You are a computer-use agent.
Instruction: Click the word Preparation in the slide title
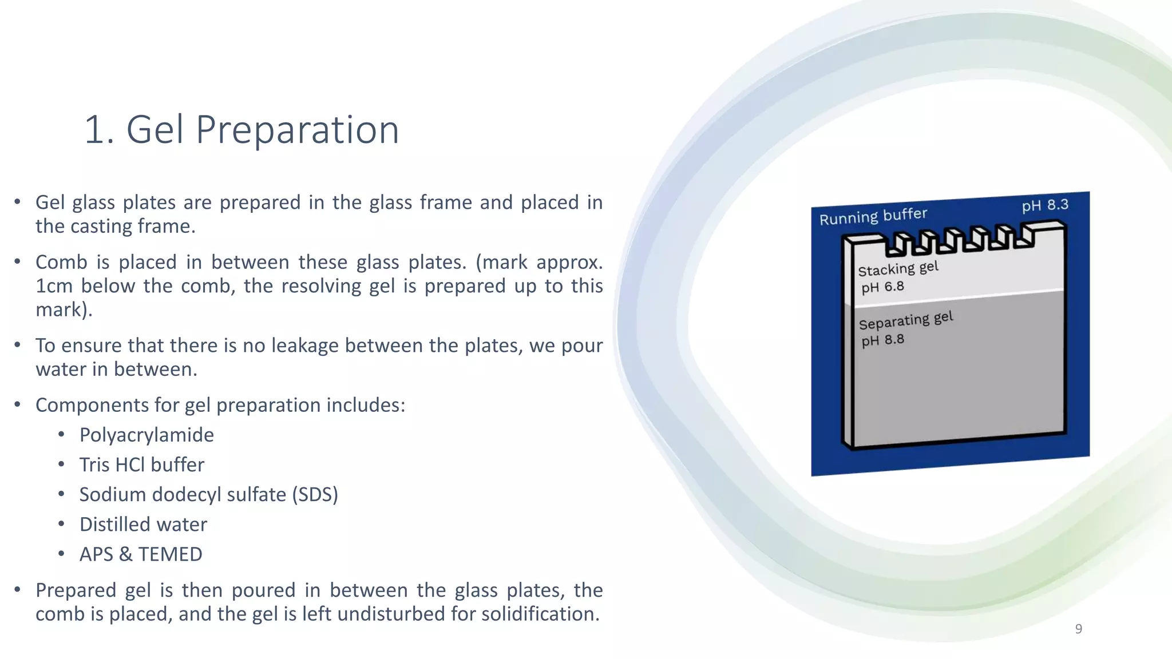click(297, 130)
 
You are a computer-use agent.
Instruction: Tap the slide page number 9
click(1078, 629)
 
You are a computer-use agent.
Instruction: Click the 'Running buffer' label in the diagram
click(873, 216)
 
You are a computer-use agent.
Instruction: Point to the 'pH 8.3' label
click(1045, 205)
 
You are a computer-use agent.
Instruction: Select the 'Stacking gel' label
click(898, 268)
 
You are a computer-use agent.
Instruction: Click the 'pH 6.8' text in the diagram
click(882, 287)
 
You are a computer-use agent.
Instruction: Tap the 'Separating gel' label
click(905, 320)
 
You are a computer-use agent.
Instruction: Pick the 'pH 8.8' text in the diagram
click(882, 340)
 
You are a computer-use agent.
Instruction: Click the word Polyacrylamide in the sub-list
click(146, 435)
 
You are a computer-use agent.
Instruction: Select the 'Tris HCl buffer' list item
click(141, 465)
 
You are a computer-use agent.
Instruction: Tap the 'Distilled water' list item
click(143, 525)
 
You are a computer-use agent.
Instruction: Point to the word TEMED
click(170, 554)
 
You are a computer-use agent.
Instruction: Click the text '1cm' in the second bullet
click(54, 286)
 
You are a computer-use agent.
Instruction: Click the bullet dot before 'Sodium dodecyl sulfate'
click(61, 494)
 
